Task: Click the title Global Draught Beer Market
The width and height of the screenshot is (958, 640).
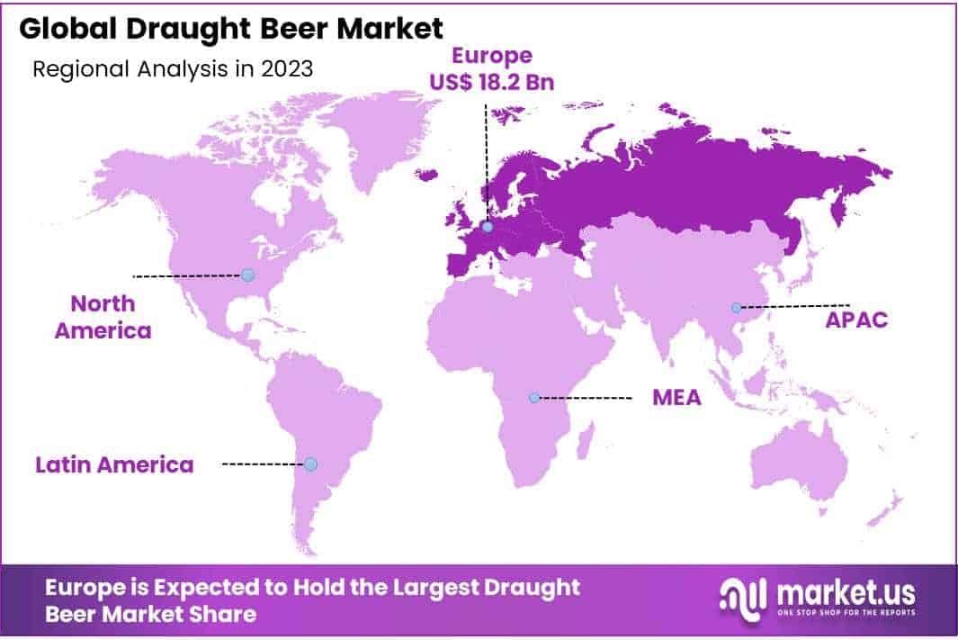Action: point(231,29)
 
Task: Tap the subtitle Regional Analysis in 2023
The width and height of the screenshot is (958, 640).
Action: point(173,69)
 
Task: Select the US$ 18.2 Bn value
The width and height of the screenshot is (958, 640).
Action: point(489,81)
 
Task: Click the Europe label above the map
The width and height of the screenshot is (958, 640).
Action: point(489,56)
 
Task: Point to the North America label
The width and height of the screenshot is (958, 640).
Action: point(103,317)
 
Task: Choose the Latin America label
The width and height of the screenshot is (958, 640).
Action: point(114,465)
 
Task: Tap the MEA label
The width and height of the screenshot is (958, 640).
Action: point(676,398)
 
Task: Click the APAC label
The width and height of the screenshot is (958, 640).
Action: point(856,320)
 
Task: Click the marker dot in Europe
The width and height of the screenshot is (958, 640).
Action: point(487,228)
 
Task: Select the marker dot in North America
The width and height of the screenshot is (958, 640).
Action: point(247,275)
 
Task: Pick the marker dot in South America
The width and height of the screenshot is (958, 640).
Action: point(310,464)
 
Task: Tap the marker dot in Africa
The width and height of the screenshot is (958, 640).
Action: point(533,398)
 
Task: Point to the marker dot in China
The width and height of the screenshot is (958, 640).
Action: point(736,308)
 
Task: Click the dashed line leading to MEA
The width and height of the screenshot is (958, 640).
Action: point(585,398)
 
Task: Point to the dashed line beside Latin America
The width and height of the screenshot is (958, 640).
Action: point(261,464)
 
